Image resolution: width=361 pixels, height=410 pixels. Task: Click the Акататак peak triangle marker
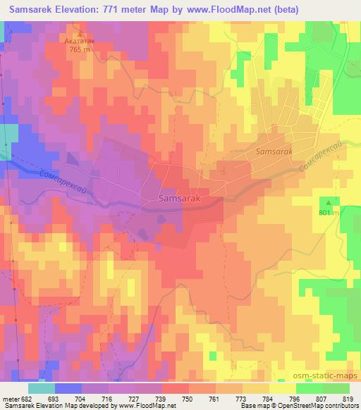tap(80, 33)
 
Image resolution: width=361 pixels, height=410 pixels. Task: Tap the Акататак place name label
tap(80, 42)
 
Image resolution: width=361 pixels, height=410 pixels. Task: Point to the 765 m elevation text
tap(80, 51)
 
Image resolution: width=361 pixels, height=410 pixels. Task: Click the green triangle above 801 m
tap(329, 202)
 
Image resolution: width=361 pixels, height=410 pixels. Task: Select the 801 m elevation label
tap(329, 212)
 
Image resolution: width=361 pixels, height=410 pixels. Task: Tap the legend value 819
tap(347, 399)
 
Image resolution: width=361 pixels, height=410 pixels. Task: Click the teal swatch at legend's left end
tap(42, 388)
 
